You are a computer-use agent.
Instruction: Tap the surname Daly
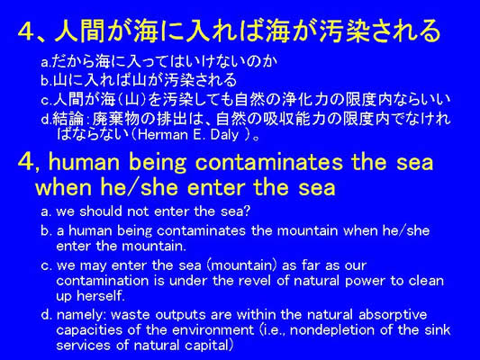225,136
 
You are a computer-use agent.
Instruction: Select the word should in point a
101,211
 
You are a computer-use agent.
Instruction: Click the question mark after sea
247,211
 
